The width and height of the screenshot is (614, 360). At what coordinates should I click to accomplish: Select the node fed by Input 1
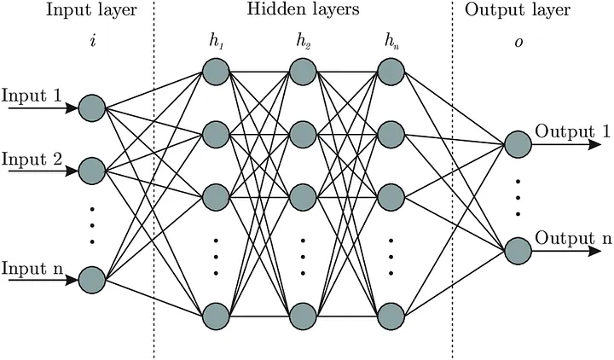pos(90,107)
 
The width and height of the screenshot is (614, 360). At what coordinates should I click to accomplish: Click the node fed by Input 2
pos(90,171)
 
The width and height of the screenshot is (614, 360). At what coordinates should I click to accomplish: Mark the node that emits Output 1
pos(517,144)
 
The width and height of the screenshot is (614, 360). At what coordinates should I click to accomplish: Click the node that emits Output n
pos(517,251)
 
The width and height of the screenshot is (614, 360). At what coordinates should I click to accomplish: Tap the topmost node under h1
pos(216,70)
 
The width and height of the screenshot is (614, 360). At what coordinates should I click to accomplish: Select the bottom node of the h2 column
pos(302,313)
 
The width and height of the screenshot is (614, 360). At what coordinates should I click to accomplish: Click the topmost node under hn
pos(389,70)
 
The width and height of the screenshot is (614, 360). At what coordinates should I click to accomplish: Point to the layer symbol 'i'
pos(91,40)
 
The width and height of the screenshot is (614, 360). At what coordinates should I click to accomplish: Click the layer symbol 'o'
pos(517,40)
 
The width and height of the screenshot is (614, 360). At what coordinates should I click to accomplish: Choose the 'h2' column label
pos(302,40)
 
